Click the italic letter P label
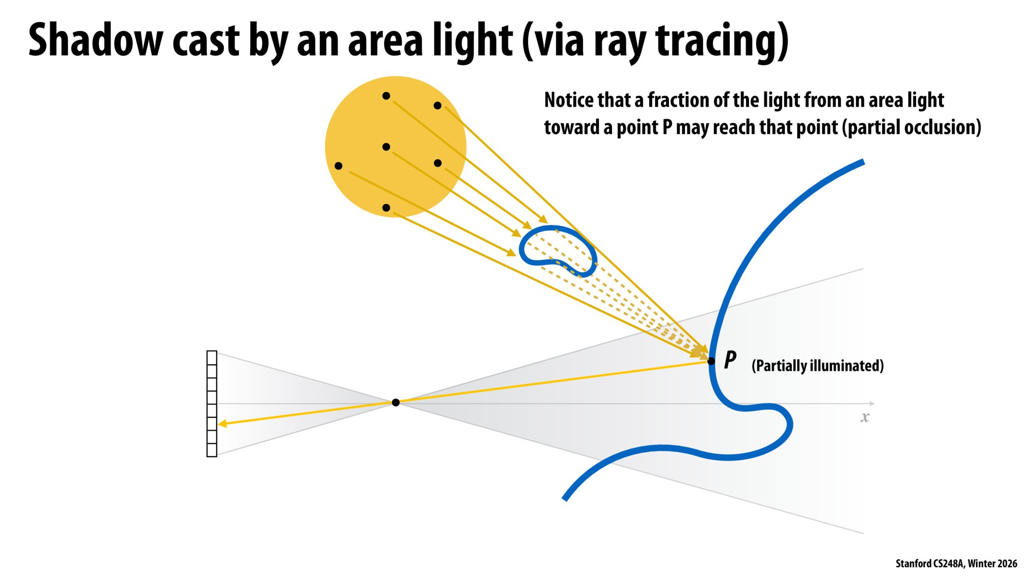(x=730, y=360)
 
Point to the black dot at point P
(x=711, y=361)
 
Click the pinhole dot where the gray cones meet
(x=395, y=402)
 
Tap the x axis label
(x=865, y=417)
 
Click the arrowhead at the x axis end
(x=872, y=403)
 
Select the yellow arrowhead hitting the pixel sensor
(x=222, y=424)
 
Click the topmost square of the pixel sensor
(x=212, y=358)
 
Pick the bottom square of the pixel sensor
(x=212, y=450)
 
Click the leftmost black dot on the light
(x=338, y=166)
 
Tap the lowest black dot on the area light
(x=386, y=208)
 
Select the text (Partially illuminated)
(x=818, y=366)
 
